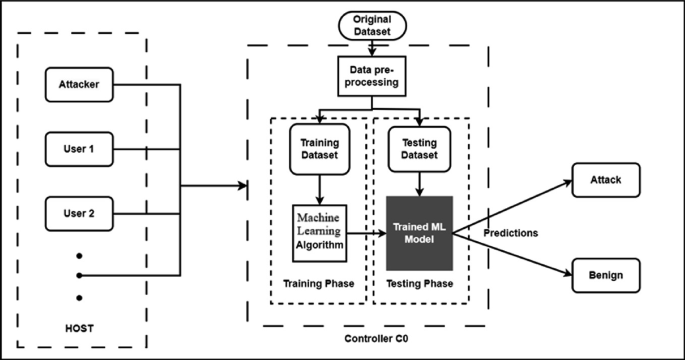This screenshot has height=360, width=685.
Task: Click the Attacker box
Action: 78,84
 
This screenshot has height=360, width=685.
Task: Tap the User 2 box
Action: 78,213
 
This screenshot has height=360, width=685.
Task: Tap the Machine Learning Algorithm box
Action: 317,229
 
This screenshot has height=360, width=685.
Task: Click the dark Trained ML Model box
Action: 418,232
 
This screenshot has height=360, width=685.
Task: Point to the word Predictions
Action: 511,233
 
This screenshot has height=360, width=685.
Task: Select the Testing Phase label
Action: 419,283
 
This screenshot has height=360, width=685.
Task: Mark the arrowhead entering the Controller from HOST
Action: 241,186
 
